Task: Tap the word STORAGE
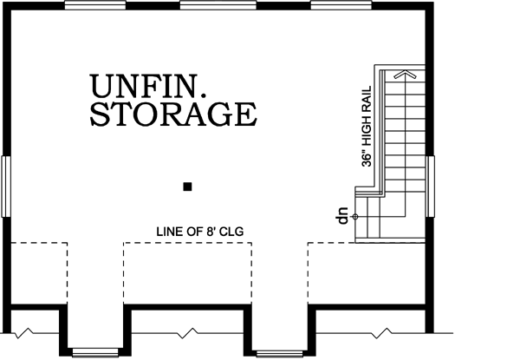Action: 173,115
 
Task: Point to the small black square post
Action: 187,186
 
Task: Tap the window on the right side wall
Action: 430,184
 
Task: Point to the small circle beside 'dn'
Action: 355,216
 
